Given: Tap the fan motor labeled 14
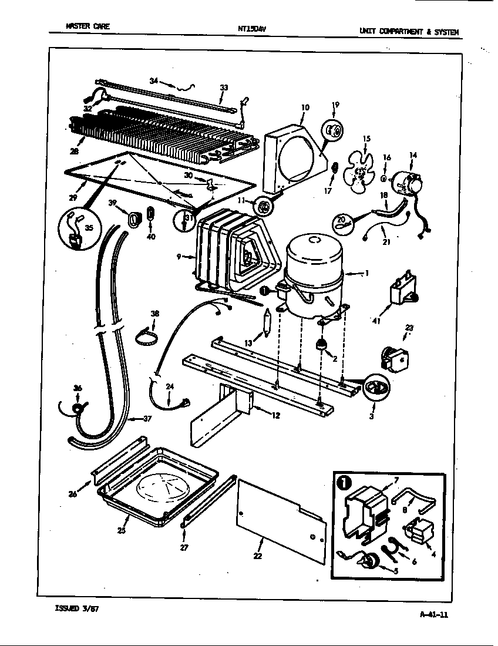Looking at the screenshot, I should click(407, 183).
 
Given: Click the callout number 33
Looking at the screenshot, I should click(224, 88).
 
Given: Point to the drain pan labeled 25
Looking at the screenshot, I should click(157, 487).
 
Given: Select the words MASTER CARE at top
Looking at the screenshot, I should click(88, 26).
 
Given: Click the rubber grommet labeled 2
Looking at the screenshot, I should click(321, 343).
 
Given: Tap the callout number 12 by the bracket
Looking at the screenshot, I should click(275, 415).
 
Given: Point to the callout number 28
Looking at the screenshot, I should click(74, 151).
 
